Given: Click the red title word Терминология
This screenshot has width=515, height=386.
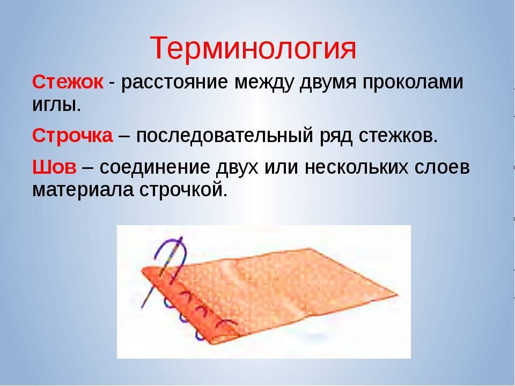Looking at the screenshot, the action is click(x=253, y=49).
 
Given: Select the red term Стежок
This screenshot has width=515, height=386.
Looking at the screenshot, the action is click(x=68, y=82).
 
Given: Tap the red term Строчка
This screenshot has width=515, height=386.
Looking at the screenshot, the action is click(x=72, y=135).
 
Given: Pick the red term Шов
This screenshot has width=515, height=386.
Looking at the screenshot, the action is click(x=54, y=167).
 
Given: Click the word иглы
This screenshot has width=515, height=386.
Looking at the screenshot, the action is click(x=56, y=105).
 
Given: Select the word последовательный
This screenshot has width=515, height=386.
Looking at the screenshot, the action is click(x=224, y=136).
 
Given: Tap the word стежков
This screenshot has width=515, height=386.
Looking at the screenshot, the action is click(x=398, y=135).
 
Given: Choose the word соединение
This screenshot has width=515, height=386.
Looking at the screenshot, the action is click(x=154, y=167).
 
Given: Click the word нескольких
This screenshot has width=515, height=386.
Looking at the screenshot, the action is click(x=357, y=167).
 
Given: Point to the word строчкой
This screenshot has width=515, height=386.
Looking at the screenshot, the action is click(x=183, y=189).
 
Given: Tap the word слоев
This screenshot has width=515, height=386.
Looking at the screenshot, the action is click(x=442, y=167).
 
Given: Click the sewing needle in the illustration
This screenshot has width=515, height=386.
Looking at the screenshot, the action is click(x=162, y=272).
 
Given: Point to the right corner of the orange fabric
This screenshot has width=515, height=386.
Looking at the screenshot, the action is click(x=398, y=294).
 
